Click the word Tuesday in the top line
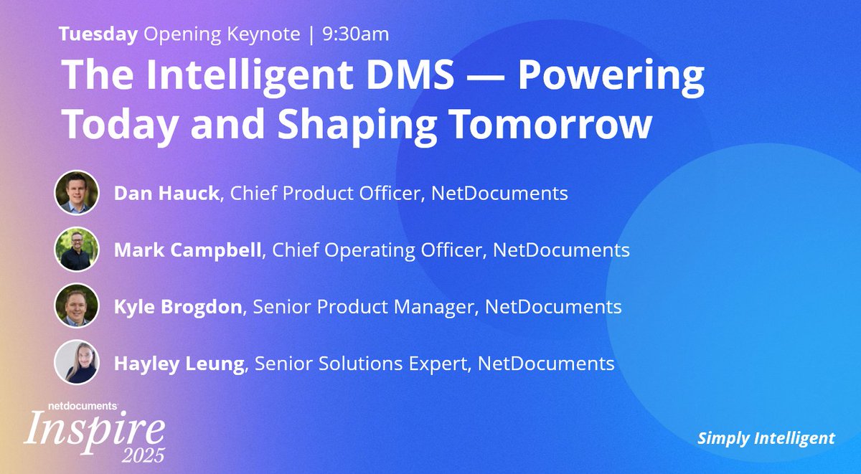click(x=98, y=34)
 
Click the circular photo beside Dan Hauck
click(x=76, y=192)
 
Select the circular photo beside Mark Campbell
click(x=76, y=249)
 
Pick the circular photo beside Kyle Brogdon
click(x=76, y=306)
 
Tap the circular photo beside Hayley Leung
click(x=76, y=363)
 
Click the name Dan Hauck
click(x=166, y=194)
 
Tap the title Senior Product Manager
click(x=364, y=307)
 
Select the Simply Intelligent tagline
click(x=766, y=438)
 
